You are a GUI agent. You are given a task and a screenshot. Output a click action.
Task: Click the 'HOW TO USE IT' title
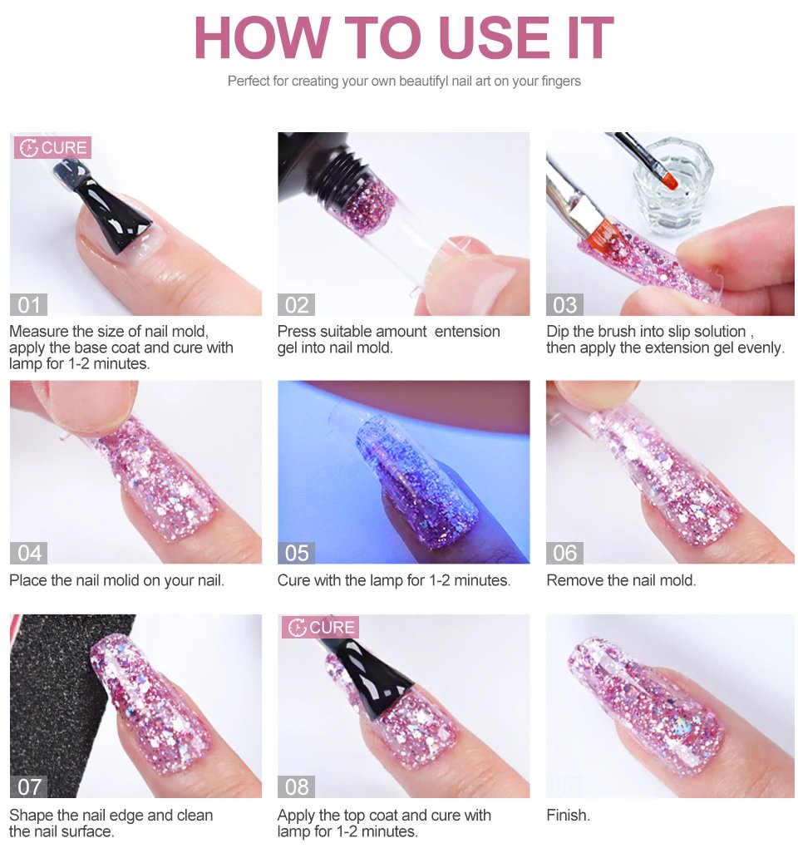403,37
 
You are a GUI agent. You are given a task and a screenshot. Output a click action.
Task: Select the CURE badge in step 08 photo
321,628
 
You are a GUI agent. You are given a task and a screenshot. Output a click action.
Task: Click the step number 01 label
28,305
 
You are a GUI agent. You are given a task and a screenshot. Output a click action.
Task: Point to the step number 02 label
297,305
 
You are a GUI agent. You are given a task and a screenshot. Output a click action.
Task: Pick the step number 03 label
565,305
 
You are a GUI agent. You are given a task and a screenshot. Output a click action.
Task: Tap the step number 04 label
28,553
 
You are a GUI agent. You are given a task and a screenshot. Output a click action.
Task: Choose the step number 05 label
297,553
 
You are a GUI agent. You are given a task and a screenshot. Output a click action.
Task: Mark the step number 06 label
565,553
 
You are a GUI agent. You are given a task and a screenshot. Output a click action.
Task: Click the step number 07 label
28,786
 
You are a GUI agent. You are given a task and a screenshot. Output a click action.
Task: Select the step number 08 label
297,786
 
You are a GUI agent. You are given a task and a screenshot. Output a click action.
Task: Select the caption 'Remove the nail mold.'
621,580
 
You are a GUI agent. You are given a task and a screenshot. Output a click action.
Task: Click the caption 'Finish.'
568,816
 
